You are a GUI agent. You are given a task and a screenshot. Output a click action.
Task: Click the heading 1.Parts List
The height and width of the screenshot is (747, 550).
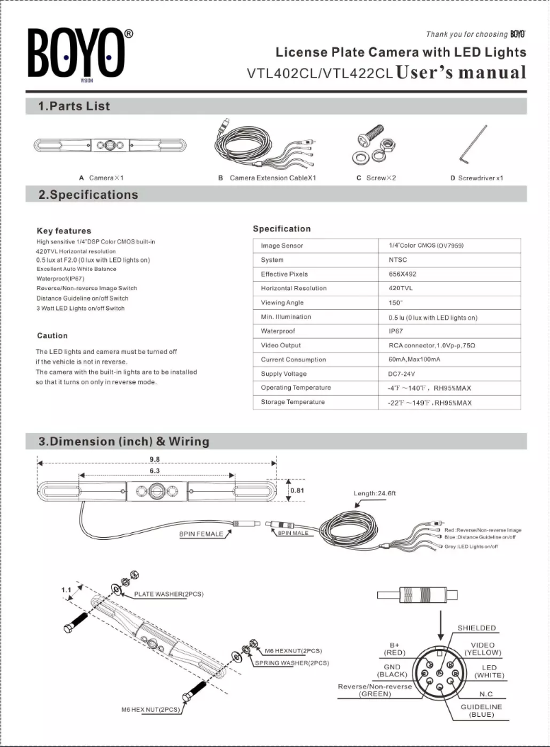[73, 106]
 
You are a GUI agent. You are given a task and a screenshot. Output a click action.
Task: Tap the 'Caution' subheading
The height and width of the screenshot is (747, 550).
[52, 335]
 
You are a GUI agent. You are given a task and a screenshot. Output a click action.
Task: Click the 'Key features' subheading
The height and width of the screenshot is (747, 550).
[64, 230]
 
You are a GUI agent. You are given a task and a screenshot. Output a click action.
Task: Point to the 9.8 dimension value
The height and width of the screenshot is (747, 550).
[155, 459]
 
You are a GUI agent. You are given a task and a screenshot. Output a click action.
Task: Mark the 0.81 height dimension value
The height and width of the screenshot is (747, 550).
[298, 490]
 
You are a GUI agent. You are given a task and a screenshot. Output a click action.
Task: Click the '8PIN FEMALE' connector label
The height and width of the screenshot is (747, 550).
[201, 534]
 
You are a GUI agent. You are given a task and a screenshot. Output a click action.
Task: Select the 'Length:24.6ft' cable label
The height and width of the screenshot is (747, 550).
[375, 493]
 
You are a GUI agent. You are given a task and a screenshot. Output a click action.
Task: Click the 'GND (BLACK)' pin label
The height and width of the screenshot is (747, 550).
[392, 670]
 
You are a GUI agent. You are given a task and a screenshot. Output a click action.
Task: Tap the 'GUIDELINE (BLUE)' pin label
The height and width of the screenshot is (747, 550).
[481, 711]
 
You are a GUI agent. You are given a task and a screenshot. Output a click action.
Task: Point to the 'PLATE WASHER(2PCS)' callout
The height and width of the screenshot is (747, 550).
[169, 594]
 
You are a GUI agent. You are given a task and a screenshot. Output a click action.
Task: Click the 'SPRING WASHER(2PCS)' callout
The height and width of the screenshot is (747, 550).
[291, 663]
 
